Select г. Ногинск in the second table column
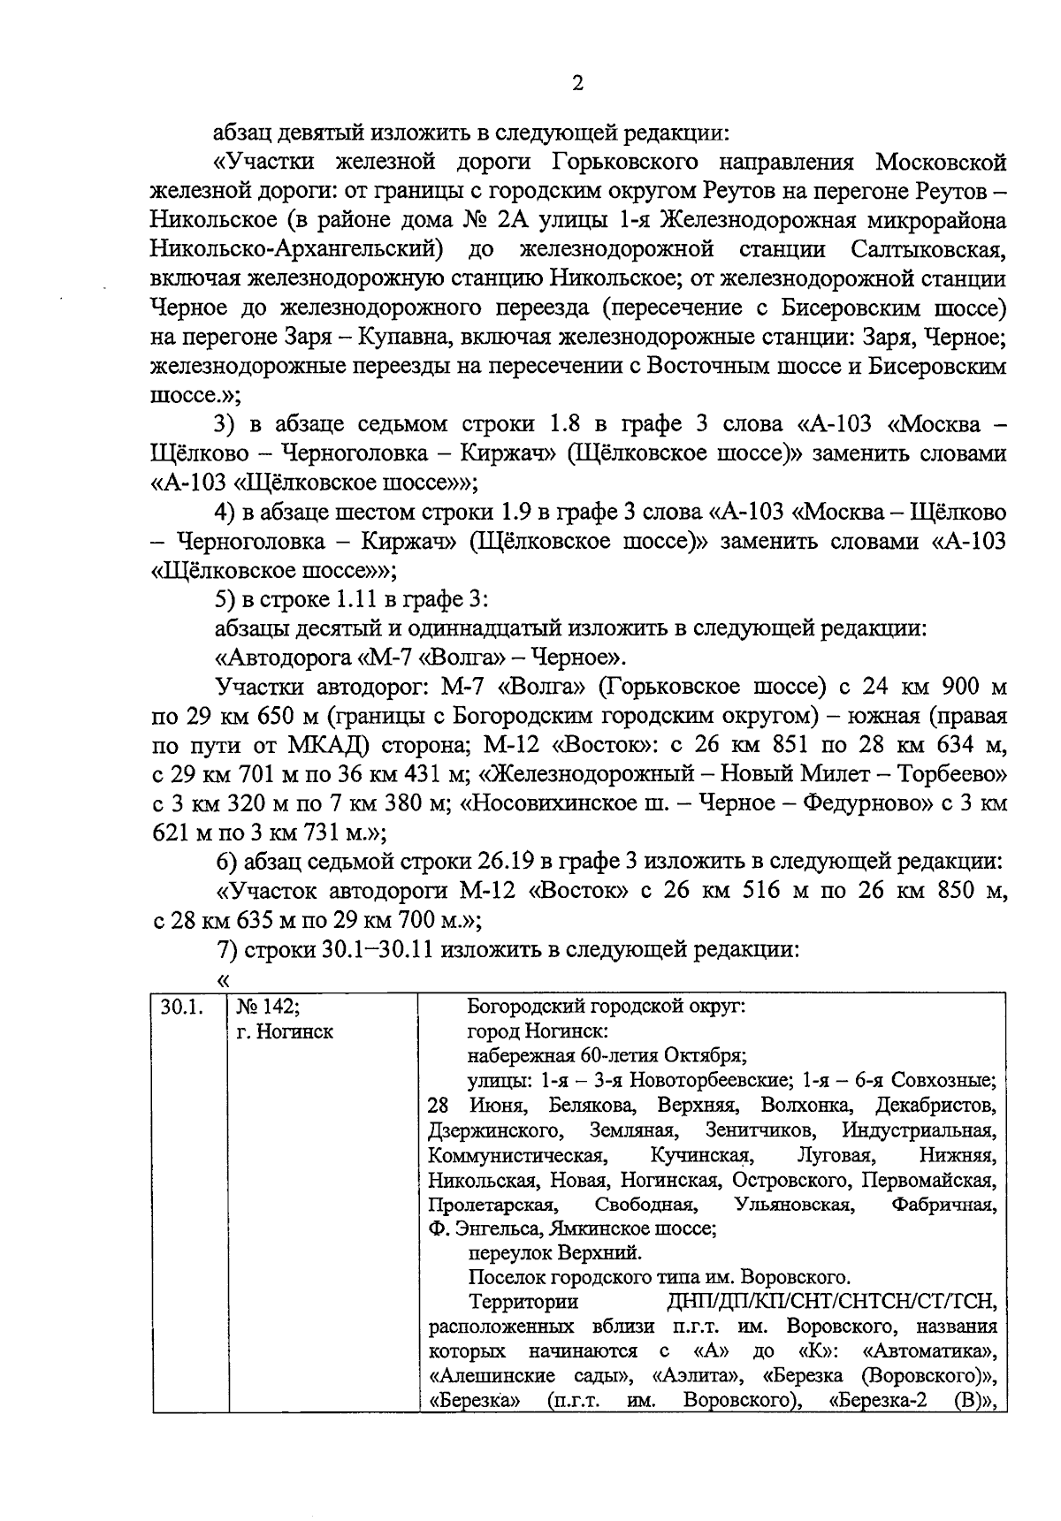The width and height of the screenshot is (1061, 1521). click(x=285, y=1031)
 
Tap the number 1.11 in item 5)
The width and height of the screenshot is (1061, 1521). click(x=355, y=599)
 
